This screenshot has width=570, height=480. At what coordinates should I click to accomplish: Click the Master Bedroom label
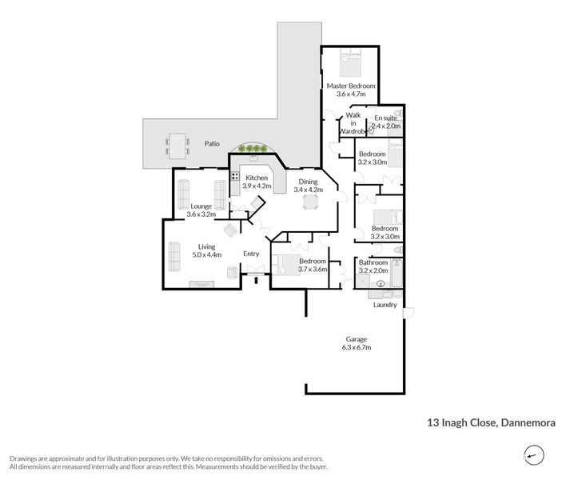click(351, 86)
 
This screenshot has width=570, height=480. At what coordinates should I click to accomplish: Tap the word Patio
click(212, 144)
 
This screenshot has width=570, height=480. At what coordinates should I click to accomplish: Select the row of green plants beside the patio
click(253, 148)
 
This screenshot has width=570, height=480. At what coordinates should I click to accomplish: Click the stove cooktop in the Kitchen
click(235, 176)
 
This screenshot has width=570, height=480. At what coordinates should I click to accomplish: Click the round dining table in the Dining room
click(308, 202)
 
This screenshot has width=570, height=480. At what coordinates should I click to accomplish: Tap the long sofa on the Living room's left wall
click(173, 255)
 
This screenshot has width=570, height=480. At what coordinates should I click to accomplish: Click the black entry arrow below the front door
click(256, 280)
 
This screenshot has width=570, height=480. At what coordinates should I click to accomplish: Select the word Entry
click(252, 254)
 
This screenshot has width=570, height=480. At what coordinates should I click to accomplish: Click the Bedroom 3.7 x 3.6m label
click(313, 266)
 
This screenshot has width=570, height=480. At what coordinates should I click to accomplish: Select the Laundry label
click(385, 305)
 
